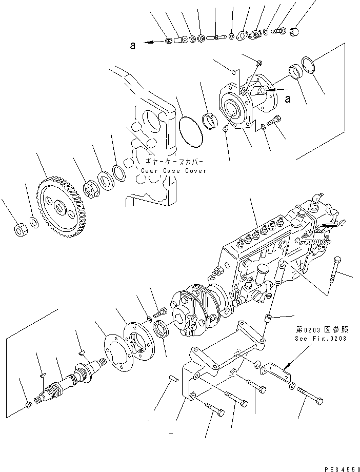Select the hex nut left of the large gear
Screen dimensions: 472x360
(x=21, y=230)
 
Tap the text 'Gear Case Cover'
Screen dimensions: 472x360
(x=173, y=171)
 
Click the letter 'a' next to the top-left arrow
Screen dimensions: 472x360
(x=132, y=46)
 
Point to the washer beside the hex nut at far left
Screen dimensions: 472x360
(x=34, y=222)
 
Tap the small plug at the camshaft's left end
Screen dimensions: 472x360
(x=29, y=407)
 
